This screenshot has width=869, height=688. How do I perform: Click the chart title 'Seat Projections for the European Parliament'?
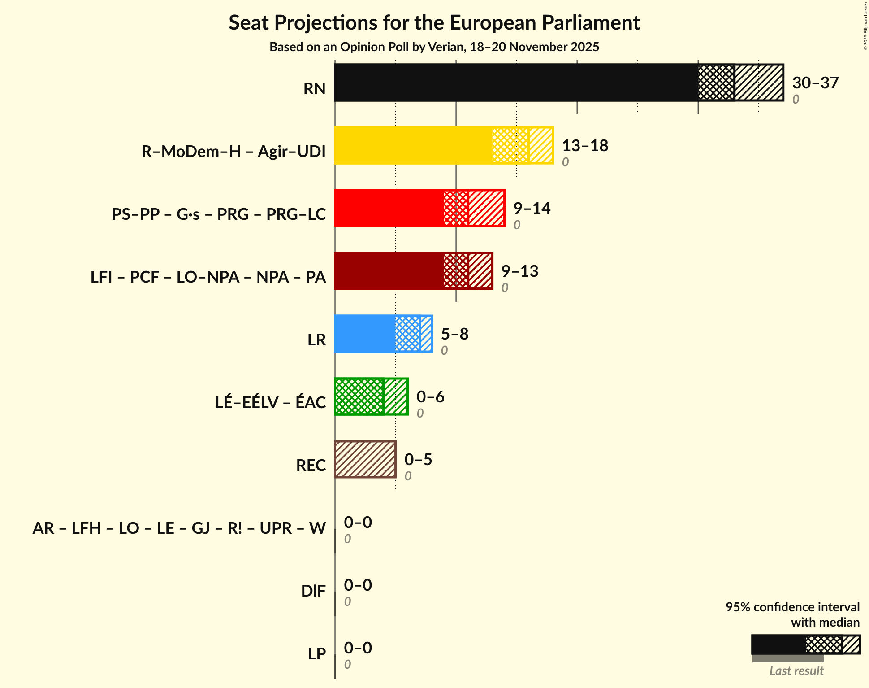[x=434, y=22]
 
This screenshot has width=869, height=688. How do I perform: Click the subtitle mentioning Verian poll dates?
[x=434, y=47]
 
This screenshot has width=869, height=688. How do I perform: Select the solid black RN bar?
[x=515, y=83]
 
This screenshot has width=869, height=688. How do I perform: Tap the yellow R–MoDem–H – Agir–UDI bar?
[x=412, y=145]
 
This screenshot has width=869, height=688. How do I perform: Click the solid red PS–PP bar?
[x=388, y=208]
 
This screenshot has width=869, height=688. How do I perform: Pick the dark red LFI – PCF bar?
[x=388, y=271]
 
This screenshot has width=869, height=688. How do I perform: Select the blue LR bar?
[x=364, y=334]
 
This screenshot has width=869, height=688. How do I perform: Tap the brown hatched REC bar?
[x=365, y=459]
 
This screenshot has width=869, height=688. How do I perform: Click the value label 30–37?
[x=815, y=83]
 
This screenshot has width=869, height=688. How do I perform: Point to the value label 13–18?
[x=584, y=146]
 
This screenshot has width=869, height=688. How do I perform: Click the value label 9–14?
[x=532, y=209]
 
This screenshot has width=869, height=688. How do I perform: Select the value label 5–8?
[x=454, y=334]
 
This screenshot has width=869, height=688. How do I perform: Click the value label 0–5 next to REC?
[x=418, y=460]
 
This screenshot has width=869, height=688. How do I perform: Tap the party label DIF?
[x=313, y=591]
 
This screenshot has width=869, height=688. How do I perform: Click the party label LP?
[x=316, y=653]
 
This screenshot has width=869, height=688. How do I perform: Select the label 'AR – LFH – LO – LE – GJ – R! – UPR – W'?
[x=179, y=528]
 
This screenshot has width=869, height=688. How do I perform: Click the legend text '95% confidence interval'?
[x=792, y=607]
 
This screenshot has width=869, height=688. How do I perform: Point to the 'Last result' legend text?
[x=796, y=671]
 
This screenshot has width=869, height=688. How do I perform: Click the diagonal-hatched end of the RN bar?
[x=759, y=83]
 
